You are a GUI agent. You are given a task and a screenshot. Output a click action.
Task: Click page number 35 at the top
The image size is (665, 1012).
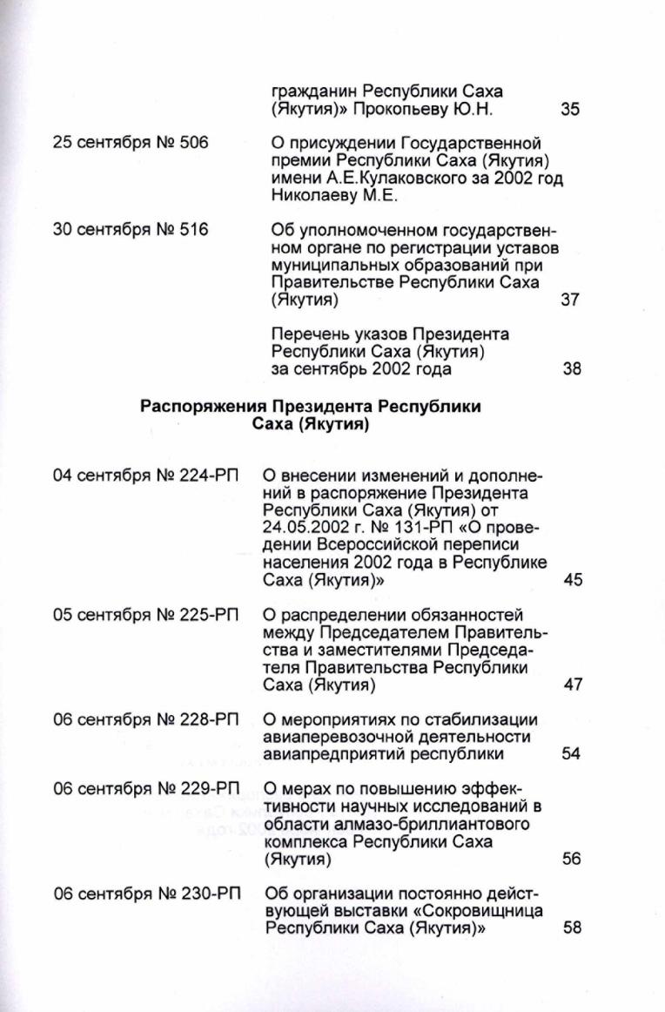tap(571, 110)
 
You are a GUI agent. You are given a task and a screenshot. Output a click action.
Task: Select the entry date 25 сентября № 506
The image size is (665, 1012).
tap(131, 143)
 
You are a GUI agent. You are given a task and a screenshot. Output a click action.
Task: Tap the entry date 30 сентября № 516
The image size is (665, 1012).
tap(131, 230)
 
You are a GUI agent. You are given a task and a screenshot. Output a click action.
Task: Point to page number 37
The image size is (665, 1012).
tap(571, 300)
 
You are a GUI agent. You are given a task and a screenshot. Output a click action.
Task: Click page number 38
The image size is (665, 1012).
tap(571, 368)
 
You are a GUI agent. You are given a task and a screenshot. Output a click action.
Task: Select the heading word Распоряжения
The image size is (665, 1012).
tap(203, 407)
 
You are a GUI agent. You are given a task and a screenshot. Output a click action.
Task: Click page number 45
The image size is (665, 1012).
tap(573, 580)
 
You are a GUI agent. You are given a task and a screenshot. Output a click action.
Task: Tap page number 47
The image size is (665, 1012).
tap(573, 685)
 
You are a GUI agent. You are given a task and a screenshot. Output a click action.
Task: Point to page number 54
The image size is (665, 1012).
tap(571, 754)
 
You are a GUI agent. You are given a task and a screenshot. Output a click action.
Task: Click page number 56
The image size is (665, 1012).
tap(571, 859)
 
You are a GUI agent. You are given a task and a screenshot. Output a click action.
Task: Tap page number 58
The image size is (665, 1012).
tap(572, 928)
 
